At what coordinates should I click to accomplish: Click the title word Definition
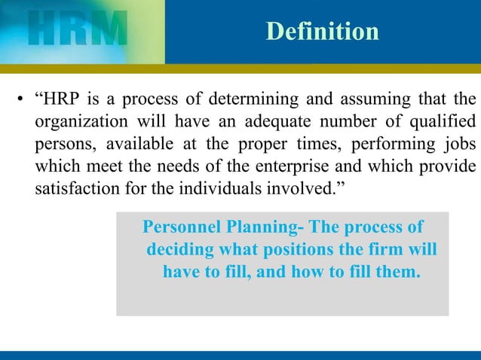pyautogui.click(x=322, y=32)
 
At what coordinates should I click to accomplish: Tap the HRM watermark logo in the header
pyautogui.click(x=75, y=31)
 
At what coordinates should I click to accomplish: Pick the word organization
pyautogui.click(x=77, y=121)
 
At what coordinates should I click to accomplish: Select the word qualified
pyautogui.click(x=443, y=121)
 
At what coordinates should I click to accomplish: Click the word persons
pyautogui.click(x=60, y=143)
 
